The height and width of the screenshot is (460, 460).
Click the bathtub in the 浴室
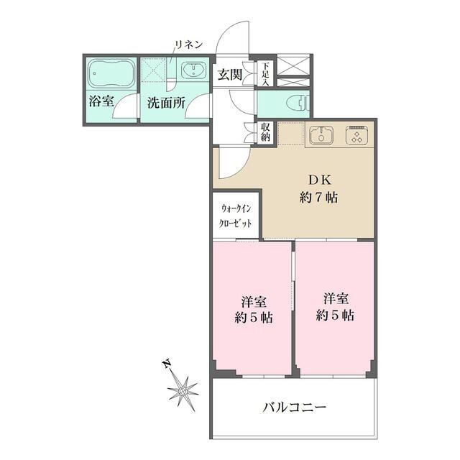pos(111,73)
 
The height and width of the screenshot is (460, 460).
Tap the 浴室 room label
pos(101,102)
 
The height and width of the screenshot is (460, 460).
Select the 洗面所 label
pos(166,102)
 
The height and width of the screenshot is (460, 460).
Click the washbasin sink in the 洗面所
pos(192,70)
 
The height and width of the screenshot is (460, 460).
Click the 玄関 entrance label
pos(229,74)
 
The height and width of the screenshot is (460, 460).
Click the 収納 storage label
pos(265,132)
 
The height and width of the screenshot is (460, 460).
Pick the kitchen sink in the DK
pos(321,134)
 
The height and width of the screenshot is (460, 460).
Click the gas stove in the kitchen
pos(356,135)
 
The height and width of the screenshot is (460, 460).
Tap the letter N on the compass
pos(166,364)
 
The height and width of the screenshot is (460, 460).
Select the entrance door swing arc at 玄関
pos(232,40)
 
